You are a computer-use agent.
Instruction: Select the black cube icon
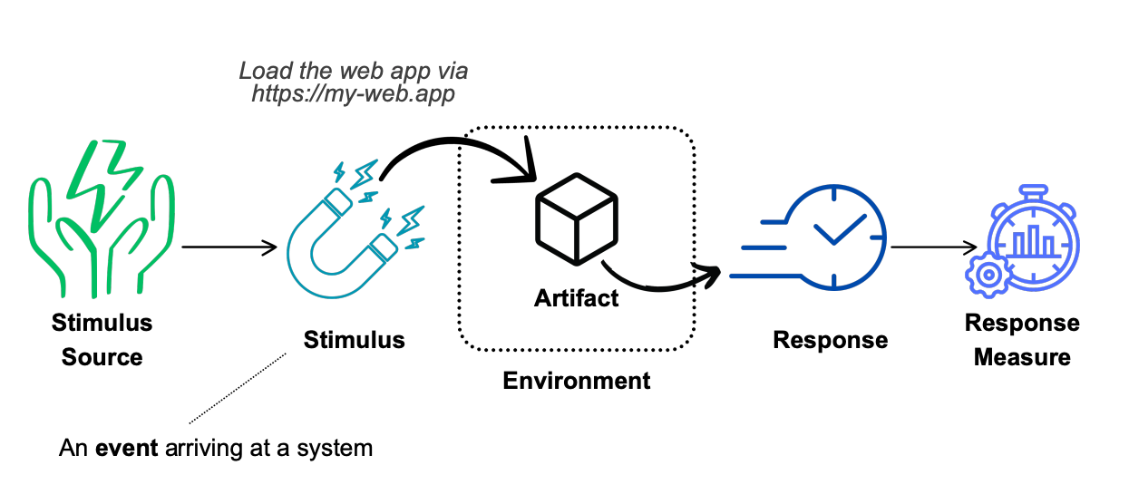point(577,219)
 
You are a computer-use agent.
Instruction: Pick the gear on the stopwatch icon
point(988,276)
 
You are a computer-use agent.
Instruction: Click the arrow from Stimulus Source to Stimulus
point(229,247)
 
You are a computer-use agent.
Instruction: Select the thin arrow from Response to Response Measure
point(934,247)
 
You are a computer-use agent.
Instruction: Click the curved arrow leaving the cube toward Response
point(660,282)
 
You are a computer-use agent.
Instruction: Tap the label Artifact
point(576,298)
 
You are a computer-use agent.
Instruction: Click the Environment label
point(577,381)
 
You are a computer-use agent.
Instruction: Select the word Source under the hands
point(102,357)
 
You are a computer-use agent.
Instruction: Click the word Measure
point(1022,357)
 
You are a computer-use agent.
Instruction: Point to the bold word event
point(127,448)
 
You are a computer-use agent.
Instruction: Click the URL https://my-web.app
point(354,93)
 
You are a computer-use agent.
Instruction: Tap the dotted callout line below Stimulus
point(238,389)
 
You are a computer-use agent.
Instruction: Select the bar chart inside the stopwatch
point(1033,241)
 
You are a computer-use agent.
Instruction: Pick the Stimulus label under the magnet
point(355,340)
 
